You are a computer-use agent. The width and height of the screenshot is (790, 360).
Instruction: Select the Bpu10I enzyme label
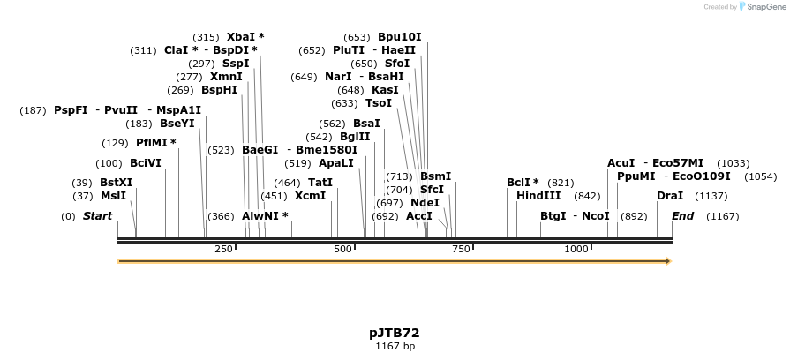(400, 37)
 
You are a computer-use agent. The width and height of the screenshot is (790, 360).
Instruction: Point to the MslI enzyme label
(113, 196)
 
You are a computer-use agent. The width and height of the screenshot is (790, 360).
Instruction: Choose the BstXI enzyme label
(116, 183)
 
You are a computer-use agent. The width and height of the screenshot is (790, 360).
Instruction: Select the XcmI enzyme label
(310, 196)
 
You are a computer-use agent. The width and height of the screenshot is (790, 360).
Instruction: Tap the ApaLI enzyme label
(335, 163)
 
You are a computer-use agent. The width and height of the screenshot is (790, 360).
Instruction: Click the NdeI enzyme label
(425, 203)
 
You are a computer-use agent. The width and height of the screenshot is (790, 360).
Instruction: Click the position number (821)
(561, 183)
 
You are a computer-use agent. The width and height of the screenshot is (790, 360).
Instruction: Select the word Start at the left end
(97, 216)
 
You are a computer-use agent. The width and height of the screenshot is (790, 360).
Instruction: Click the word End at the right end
(682, 216)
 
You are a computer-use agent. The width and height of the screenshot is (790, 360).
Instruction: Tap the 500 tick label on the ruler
(342, 250)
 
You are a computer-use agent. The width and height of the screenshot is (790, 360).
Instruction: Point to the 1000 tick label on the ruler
(576, 250)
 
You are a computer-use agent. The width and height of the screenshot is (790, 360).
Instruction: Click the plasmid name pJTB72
(395, 334)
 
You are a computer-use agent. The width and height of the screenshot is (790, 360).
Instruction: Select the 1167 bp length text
(395, 347)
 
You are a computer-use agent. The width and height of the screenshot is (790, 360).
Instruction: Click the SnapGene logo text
(761, 7)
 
